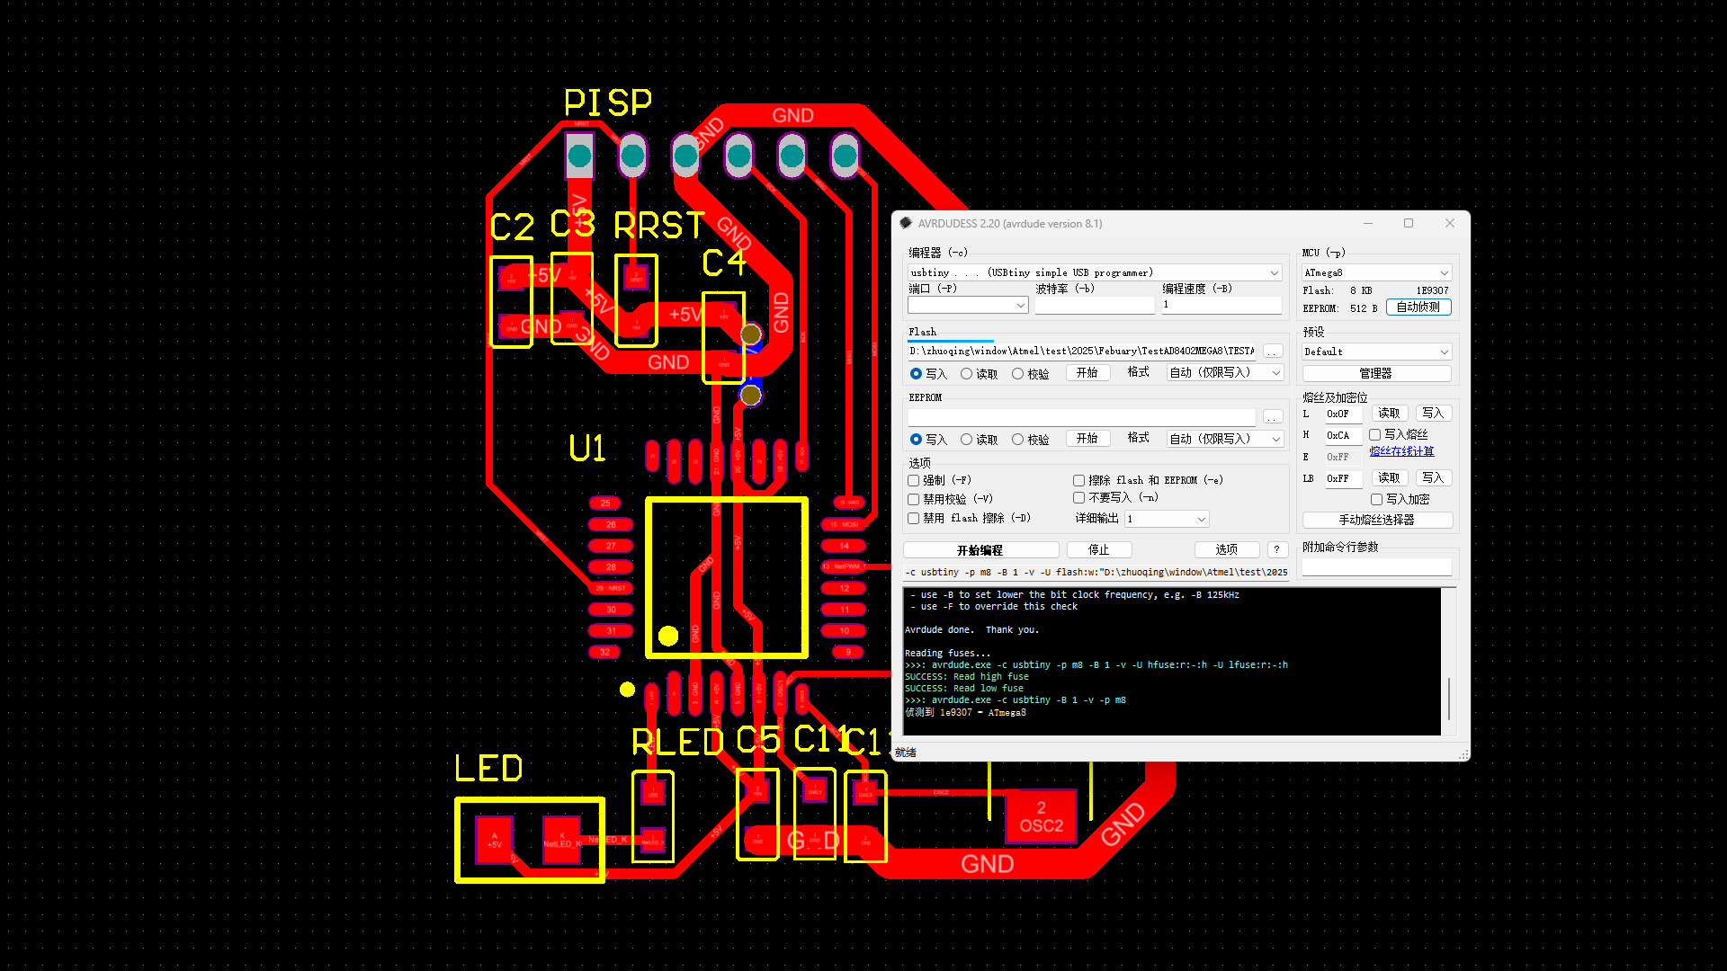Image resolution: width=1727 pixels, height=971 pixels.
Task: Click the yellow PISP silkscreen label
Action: tap(607, 102)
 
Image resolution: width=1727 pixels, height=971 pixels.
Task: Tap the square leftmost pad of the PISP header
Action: tap(579, 156)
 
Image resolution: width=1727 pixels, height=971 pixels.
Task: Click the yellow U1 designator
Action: tap(586, 448)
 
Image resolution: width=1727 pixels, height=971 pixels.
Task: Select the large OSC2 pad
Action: tap(1041, 816)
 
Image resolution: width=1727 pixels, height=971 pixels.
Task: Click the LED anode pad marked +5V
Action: tap(494, 839)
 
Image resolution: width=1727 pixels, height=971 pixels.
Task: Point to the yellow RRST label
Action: tap(658, 226)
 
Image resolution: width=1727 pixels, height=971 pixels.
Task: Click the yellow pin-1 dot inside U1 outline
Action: tap(668, 636)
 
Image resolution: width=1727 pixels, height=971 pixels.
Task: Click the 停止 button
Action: tap(1098, 549)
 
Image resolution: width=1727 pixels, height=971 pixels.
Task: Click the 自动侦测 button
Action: tap(1418, 307)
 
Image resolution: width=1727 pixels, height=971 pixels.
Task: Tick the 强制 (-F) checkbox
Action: tap(914, 480)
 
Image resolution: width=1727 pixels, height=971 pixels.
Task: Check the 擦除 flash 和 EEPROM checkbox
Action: tap(1078, 480)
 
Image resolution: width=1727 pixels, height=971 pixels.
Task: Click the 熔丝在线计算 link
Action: tap(1401, 451)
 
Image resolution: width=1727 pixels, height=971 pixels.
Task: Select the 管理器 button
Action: tap(1376, 373)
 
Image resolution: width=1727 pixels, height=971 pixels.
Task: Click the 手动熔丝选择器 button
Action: tap(1376, 520)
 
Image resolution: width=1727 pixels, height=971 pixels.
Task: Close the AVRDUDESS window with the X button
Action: tap(1449, 223)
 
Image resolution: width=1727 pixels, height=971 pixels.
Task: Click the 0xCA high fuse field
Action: tap(1342, 435)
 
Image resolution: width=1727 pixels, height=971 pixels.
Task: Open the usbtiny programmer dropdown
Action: tap(1094, 272)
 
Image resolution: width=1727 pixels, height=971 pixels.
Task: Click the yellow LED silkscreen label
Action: tap(488, 769)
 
